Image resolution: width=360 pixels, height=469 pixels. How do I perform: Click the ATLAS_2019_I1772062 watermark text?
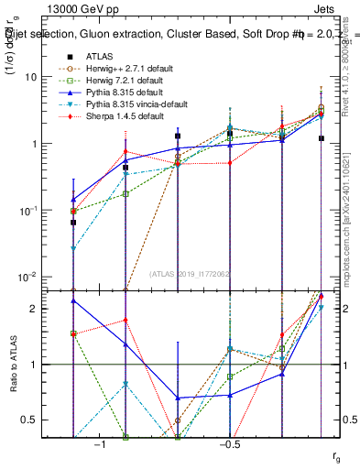tap(190, 274)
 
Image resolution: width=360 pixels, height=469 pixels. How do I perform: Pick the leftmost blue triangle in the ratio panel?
tap(73, 300)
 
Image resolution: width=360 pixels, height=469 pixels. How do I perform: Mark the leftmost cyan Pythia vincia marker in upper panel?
tap(73, 248)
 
